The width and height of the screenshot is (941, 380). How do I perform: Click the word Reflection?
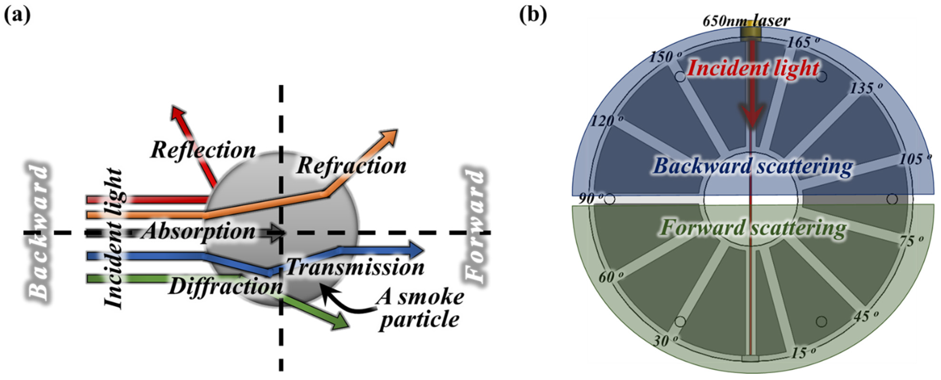point(203,150)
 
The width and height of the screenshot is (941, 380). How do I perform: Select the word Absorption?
point(199,232)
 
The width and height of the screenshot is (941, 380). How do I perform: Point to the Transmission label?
point(355,268)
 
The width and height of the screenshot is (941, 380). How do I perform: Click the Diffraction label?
point(226,287)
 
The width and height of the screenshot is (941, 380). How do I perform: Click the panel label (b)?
point(533,15)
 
